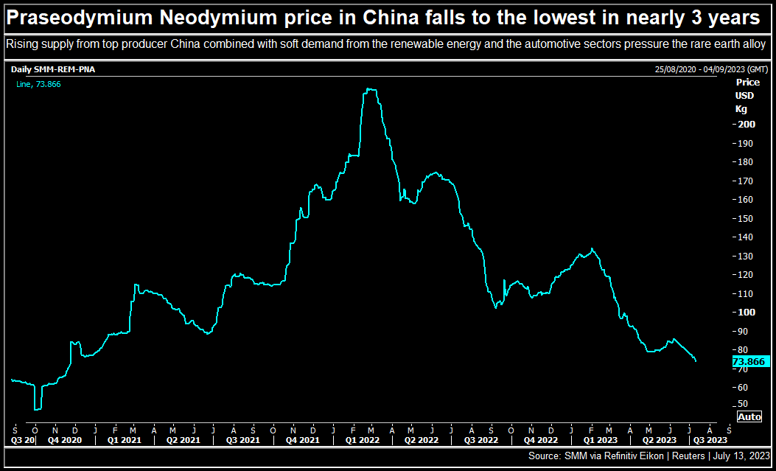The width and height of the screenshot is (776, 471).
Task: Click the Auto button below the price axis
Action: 749,417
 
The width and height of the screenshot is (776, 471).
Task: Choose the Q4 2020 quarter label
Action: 64,440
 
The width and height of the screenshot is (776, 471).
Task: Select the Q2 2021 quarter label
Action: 182,440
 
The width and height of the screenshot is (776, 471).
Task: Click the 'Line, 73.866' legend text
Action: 38,84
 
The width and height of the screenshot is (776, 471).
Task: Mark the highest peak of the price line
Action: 371,89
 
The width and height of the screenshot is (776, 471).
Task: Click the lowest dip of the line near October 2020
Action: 38,409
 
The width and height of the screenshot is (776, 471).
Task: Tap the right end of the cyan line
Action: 696,361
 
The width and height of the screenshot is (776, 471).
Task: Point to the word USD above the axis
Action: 745,96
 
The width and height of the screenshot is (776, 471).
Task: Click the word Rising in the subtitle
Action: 20,45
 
